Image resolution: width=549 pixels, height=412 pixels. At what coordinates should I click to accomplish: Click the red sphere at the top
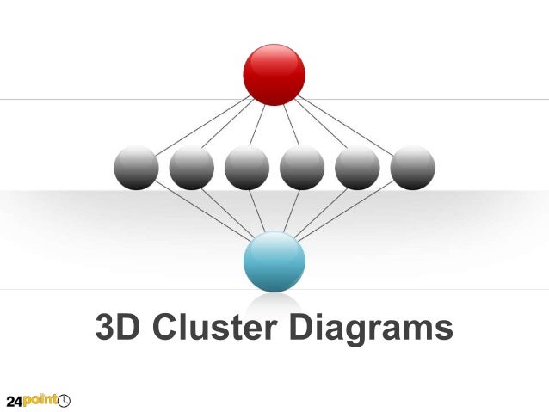pos(274,74)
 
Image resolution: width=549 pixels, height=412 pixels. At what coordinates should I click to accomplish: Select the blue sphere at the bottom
pos(274,261)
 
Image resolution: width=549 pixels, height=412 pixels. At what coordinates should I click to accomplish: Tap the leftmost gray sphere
pos(136,168)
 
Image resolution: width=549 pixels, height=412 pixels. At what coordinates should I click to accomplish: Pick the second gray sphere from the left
pos(191,168)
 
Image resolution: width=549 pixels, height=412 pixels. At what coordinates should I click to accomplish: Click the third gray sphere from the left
pos(247,168)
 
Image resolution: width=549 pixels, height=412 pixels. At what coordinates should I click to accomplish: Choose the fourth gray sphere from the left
pos(302,168)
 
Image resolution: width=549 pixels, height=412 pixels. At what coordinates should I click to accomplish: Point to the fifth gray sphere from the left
pos(357,168)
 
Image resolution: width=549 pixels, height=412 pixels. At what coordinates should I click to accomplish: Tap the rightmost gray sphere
pos(412,168)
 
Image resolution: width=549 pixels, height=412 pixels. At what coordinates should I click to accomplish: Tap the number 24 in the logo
pos(15,400)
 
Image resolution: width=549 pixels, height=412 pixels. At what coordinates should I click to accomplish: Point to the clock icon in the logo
pos(65,400)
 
